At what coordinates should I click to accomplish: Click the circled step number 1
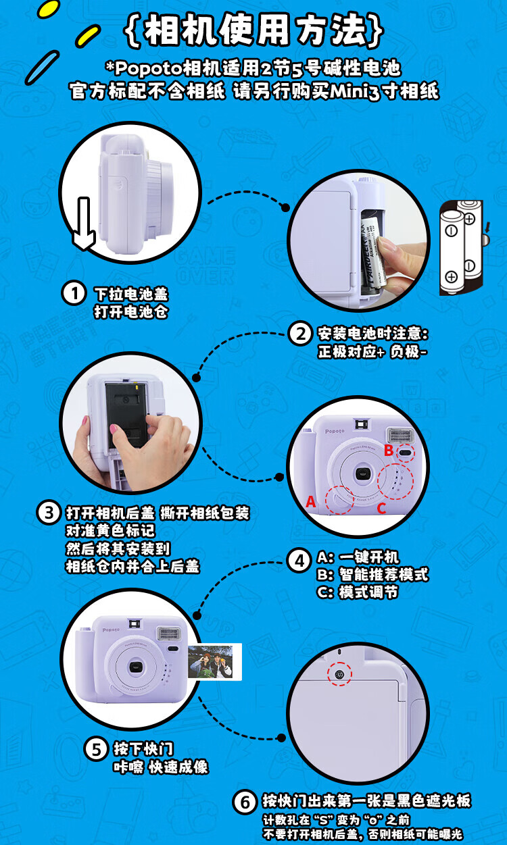pyautogui.click(x=74, y=294)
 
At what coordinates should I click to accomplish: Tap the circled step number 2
pyautogui.click(x=299, y=334)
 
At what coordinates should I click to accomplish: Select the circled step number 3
pyautogui.click(x=49, y=513)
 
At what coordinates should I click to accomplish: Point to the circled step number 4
pyautogui.click(x=299, y=561)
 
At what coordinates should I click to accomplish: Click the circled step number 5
pyautogui.click(x=96, y=749)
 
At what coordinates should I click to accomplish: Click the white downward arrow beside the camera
pyautogui.click(x=83, y=224)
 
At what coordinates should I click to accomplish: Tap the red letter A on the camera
pyautogui.click(x=310, y=502)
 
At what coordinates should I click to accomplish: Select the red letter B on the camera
pyautogui.click(x=389, y=450)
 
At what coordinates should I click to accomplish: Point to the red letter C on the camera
pyautogui.click(x=382, y=508)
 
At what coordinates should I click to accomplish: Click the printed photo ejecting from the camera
pyautogui.click(x=214, y=662)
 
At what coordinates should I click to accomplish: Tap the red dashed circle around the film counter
pyautogui.click(x=339, y=673)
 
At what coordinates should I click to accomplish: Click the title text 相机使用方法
pyautogui.click(x=254, y=30)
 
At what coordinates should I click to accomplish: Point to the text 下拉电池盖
pyautogui.click(x=131, y=294)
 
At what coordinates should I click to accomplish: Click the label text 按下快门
pyautogui.click(x=143, y=748)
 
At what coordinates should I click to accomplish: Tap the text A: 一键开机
pyautogui.click(x=358, y=557)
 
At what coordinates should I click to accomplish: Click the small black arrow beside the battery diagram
pyautogui.click(x=488, y=227)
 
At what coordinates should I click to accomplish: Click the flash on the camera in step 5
pyautogui.click(x=169, y=634)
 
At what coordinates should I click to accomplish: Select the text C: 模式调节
pyautogui.click(x=358, y=592)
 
